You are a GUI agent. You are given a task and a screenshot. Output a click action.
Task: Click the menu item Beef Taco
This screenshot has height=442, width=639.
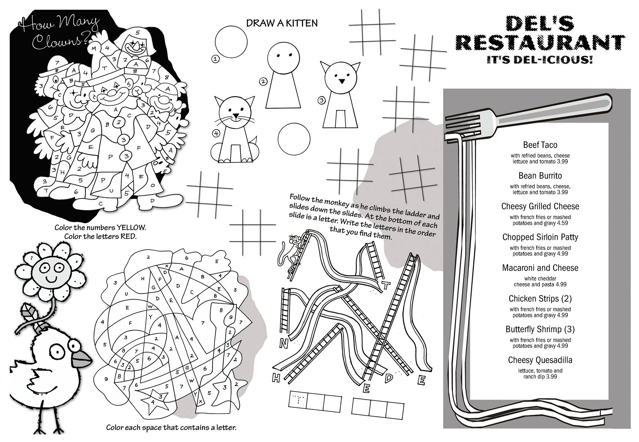(x=540, y=145)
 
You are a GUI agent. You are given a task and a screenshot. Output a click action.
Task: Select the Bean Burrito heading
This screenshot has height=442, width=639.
(x=540, y=176)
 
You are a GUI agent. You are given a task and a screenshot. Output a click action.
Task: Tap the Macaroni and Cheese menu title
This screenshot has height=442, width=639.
(x=540, y=268)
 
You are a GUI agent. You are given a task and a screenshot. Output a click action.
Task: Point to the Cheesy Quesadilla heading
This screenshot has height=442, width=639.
(x=540, y=360)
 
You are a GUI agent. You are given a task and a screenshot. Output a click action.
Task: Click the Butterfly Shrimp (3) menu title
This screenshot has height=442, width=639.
(x=540, y=329)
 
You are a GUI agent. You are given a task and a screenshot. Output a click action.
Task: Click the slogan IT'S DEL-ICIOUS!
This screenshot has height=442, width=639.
(x=540, y=60)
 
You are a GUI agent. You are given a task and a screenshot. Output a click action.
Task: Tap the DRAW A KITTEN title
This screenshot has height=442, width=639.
(x=282, y=23)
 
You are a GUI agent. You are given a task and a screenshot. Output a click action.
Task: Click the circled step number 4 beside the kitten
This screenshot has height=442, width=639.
(x=216, y=134)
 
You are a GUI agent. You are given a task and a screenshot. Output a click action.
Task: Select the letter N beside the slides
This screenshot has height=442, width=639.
(x=283, y=344)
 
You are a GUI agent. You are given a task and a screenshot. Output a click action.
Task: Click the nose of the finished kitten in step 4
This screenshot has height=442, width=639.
(x=236, y=115)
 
